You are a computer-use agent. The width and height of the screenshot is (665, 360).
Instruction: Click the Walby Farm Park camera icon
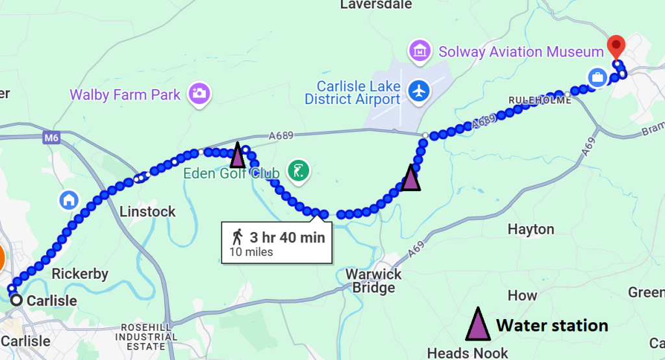pyautogui.click(x=197, y=94)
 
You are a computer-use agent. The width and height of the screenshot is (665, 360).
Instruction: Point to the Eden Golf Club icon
pyautogui.click(x=299, y=172)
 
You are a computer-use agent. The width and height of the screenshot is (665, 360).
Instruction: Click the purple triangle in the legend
pyautogui.click(x=478, y=324)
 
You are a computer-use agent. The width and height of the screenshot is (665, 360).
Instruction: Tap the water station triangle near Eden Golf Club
pyautogui.click(x=238, y=155)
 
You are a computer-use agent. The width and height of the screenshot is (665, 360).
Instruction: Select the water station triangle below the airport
pyautogui.click(x=410, y=177)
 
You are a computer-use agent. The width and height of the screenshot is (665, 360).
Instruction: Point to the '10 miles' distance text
pyautogui.click(x=251, y=252)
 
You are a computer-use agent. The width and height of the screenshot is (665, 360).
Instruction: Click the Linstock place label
pyautogui.click(x=148, y=212)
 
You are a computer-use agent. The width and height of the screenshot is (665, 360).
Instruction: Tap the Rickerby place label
pyautogui.click(x=80, y=274)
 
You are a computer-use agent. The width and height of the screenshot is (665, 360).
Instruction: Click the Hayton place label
pyautogui.click(x=531, y=229)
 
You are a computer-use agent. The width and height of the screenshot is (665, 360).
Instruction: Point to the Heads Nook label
pyautogui.click(x=468, y=353)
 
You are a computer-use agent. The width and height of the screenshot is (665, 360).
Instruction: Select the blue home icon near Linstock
pyautogui.click(x=69, y=199)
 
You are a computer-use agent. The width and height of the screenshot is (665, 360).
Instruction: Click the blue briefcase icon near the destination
pyautogui.click(x=596, y=78)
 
